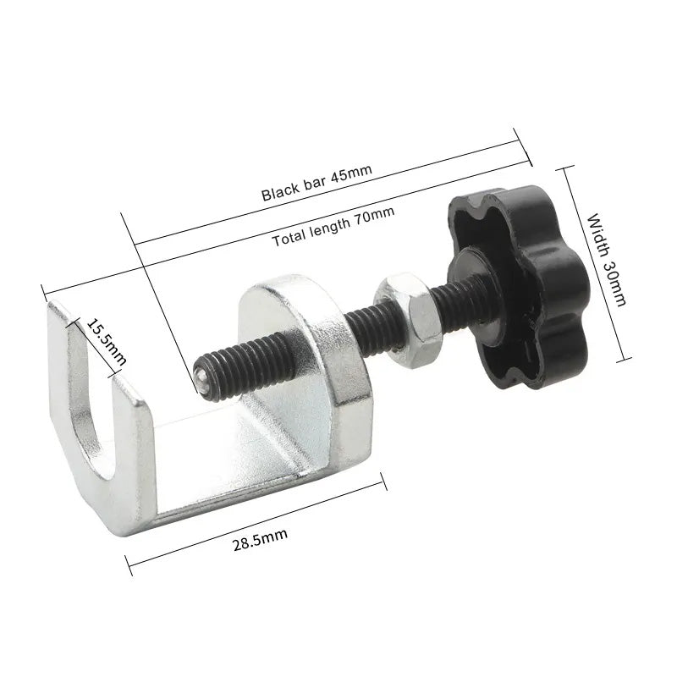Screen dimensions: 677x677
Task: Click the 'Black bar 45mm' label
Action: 316,183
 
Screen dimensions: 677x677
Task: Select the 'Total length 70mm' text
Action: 333,226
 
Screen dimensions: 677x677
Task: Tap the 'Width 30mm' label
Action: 606,259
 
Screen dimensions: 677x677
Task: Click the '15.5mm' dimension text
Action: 107,342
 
